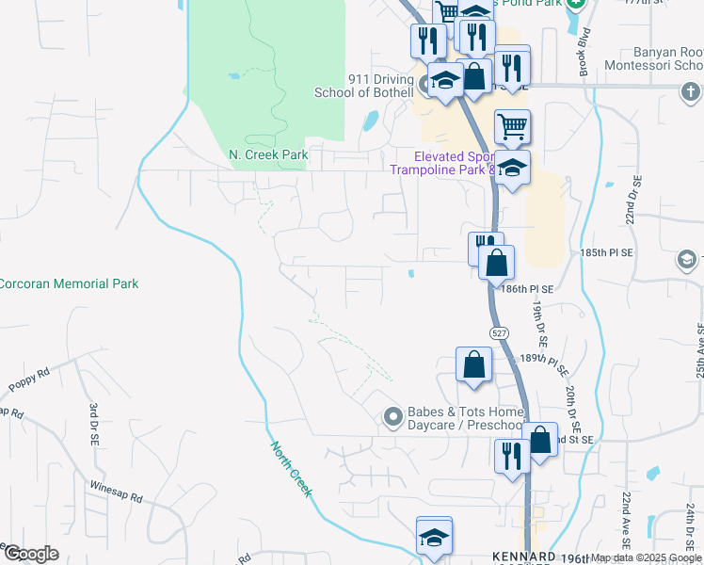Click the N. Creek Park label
click(x=268, y=154)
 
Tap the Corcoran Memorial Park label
click(x=68, y=283)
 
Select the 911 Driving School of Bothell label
click(x=353, y=85)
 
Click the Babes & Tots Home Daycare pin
click(x=393, y=416)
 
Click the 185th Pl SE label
click(x=607, y=253)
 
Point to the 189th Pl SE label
click(x=547, y=359)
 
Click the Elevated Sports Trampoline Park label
click(x=442, y=163)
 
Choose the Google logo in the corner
click(x=31, y=554)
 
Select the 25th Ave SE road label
click(x=698, y=351)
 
